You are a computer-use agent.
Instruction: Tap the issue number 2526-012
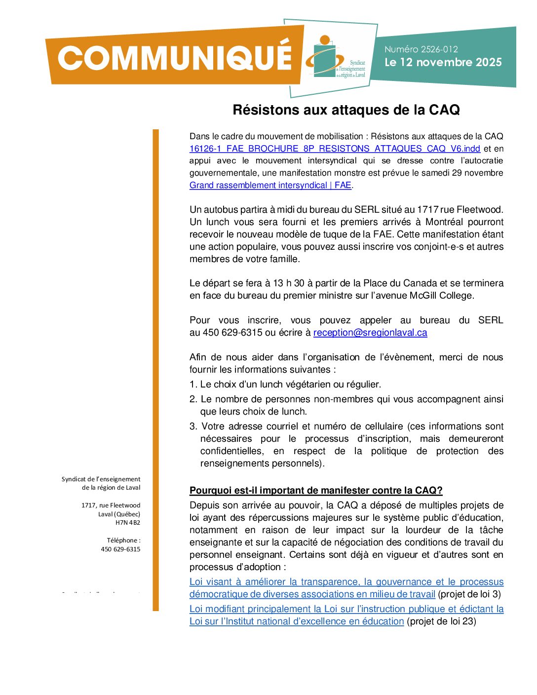click(421, 49)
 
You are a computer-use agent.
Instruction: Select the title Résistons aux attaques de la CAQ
click(346, 110)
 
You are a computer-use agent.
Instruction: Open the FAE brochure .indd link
click(335, 149)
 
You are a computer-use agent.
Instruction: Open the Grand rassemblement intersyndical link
click(270, 186)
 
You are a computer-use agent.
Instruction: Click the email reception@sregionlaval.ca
click(370, 333)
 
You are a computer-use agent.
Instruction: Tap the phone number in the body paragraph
click(232, 333)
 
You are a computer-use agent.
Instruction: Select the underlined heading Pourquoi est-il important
click(316, 491)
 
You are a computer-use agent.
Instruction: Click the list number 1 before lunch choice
click(193, 385)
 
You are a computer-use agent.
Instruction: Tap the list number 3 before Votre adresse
click(193, 426)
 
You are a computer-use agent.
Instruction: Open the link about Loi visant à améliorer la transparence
click(346, 582)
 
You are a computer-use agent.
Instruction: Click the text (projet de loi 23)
click(441, 621)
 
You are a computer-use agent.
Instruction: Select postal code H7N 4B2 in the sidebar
click(128, 523)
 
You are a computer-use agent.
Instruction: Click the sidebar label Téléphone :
click(123, 541)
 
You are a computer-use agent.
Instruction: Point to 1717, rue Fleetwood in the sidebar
click(111, 505)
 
